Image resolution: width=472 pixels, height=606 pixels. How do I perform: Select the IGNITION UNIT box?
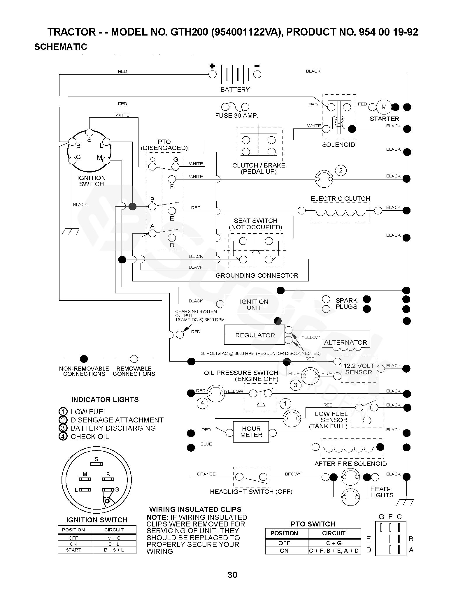point(254,304)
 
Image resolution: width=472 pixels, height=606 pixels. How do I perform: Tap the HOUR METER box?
point(251,432)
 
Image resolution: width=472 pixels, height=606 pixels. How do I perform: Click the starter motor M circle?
point(384,107)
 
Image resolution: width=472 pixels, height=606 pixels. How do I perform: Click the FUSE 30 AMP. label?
point(237,116)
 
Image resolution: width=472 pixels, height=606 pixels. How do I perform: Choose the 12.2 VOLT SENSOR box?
point(359,369)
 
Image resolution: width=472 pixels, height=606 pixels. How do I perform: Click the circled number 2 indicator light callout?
point(341,170)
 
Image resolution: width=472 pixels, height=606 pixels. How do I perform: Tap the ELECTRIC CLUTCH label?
point(340,199)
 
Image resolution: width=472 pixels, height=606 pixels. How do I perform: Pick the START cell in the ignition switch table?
point(73,550)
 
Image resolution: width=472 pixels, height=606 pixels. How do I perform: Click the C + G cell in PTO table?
point(334,543)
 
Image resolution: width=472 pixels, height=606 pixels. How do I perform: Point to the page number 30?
point(232,575)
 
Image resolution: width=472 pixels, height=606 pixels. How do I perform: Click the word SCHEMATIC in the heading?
point(61,47)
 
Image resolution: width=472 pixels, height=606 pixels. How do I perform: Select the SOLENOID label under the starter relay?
point(338,145)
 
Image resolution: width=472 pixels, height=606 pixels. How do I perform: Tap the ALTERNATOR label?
point(345,343)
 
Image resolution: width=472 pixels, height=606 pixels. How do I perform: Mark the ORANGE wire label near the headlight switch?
point(206,474)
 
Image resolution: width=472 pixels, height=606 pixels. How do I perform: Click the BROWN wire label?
point(293,474)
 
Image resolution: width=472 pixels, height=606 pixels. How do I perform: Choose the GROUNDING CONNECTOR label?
point(257,276)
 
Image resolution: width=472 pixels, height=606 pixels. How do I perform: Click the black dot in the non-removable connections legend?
point(84,359)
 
